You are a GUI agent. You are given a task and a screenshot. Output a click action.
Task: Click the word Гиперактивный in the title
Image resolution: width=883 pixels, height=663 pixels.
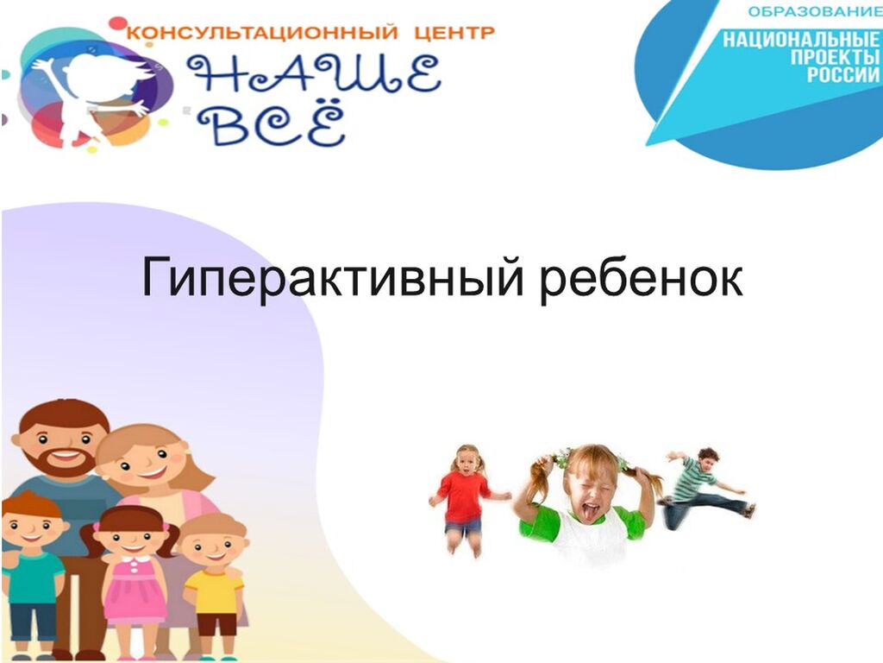coord(333,278)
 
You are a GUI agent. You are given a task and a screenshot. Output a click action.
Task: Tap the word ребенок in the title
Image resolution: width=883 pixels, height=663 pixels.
coord(642,276)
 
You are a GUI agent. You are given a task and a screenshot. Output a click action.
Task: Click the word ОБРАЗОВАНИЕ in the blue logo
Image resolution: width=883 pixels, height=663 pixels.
coord(815,11)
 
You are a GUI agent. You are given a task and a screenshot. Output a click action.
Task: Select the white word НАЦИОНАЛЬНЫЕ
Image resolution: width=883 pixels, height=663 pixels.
coord(802,40)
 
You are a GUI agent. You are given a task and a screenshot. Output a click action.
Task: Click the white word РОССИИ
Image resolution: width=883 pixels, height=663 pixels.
coord(843,75)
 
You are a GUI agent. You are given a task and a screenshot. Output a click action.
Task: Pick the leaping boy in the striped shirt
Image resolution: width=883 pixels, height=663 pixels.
coord(707,488)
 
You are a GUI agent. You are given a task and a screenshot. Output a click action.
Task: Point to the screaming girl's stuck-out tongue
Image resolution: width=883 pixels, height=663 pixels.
coord(590,512)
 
